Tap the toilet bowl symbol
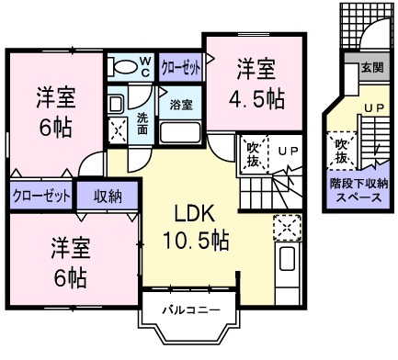(x=119, y=67)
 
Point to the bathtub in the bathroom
(x=180, y=131)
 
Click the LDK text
(x=195, y=214)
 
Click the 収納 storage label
(x=109, y=195)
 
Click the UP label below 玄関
(x=373, y=108)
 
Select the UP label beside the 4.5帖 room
(x=288, y=151)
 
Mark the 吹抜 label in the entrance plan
(x=341, y=151)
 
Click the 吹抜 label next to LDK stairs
(x=254, y=154)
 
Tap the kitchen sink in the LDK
(x=286, y=260)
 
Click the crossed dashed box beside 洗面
(x=119, y=130)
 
